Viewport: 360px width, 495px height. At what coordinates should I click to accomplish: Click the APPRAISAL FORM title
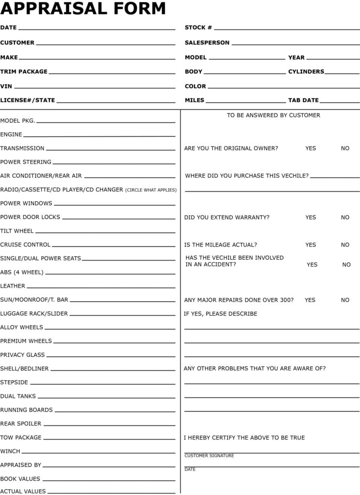tap(83, 9)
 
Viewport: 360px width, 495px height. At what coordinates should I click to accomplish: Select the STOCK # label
tap(198, 28)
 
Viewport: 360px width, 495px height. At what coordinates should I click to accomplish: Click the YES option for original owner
tap(311, 148)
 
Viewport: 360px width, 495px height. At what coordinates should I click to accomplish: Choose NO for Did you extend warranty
tap(345, 218)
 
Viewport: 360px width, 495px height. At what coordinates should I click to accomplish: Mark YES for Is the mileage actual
tap(311, 245)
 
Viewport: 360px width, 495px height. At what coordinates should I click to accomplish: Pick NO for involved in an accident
tap(346, 265)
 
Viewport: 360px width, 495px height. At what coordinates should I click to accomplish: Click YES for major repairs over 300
tap(310, 300)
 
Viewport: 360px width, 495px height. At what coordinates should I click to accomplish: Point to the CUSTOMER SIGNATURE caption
tap(209, 456)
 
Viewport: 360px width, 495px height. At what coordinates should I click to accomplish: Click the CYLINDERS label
tap(306, 72)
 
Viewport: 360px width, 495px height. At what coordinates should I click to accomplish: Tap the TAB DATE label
tap(303, 100)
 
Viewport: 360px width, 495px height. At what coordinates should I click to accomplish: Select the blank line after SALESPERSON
tap(295, 44)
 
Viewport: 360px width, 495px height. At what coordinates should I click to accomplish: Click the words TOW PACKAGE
tap(21, 437)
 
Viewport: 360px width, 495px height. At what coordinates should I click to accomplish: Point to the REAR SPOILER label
tap(21, 424)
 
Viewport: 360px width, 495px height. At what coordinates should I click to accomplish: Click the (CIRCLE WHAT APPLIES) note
tap(151, 190)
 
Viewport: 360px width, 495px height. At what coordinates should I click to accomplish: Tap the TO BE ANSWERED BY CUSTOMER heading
tap(273, 116)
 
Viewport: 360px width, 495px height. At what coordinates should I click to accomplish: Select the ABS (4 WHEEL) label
tap(22, 272)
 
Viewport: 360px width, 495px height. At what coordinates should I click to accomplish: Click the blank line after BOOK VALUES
tap(109, 480)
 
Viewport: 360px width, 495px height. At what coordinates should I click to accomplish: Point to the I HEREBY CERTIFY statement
tap(244, 438)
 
